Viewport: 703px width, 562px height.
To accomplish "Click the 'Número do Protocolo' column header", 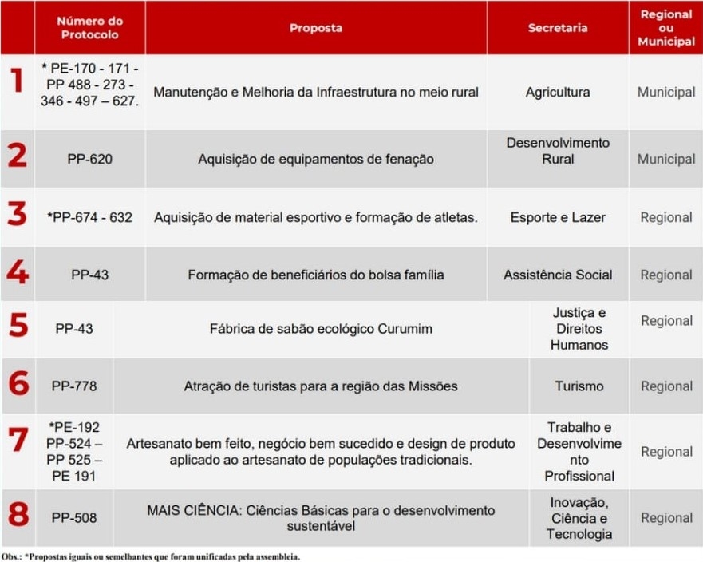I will (89, 27).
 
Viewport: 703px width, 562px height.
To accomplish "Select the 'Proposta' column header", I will (316, 27).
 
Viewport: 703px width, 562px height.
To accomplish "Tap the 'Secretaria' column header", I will (558, 27).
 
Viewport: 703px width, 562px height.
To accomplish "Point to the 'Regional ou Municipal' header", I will (665, 27).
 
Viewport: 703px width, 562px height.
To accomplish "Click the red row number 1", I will (16, 82).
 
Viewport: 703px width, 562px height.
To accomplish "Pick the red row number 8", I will (18, 515).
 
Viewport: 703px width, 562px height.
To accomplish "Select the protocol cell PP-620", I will (89, 159).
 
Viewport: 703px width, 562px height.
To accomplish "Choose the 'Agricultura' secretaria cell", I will (558, 92).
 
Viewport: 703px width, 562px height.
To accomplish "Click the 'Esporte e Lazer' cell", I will (558, 217).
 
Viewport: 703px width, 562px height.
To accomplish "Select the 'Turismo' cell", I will (579, 386).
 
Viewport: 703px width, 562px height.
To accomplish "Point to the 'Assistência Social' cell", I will (558, 275).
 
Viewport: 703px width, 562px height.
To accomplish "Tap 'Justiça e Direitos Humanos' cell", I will (579, 329).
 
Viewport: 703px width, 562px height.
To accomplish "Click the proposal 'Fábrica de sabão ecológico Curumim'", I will (321, 329).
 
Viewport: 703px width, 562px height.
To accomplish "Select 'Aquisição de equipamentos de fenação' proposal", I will (316, 159).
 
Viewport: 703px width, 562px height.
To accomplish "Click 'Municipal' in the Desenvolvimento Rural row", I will (665, 159).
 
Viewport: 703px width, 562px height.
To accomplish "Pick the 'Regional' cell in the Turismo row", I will (665, 386).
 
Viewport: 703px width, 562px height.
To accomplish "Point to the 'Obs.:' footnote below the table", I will (11, 556).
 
